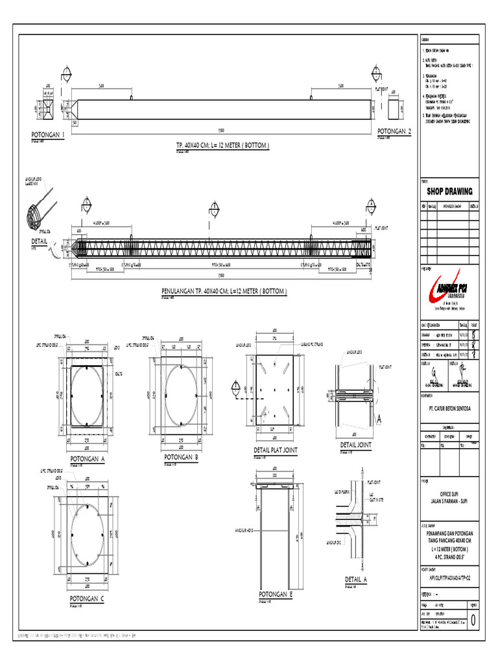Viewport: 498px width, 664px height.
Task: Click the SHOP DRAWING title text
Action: point(449,191)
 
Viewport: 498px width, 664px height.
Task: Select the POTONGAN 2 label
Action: point(394,132)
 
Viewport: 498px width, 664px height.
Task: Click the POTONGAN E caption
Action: point(276,594)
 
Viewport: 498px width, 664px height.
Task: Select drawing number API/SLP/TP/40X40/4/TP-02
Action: point(449,575)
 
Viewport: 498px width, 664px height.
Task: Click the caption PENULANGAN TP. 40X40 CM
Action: point(224,292)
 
